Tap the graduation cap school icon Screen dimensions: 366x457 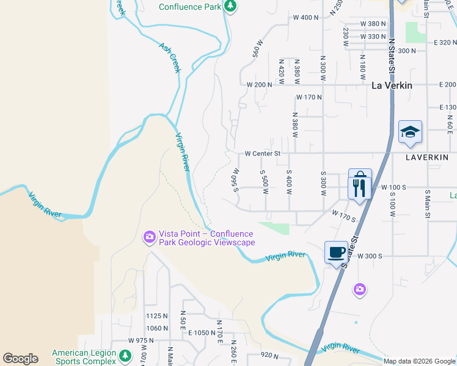410,132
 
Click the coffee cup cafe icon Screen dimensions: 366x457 336,251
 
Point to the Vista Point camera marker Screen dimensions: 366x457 149,237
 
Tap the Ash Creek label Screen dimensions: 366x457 170,57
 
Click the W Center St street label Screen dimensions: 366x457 262,154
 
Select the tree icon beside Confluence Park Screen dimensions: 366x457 230,7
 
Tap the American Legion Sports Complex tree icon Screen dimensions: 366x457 125,356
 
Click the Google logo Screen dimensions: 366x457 20,359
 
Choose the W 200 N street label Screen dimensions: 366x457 259,84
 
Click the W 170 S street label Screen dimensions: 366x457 344,215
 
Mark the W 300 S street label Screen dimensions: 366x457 370,256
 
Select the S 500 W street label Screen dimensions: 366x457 265,182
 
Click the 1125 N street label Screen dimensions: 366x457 157,316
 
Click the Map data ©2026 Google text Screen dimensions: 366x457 419,361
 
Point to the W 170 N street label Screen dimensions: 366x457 309,97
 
